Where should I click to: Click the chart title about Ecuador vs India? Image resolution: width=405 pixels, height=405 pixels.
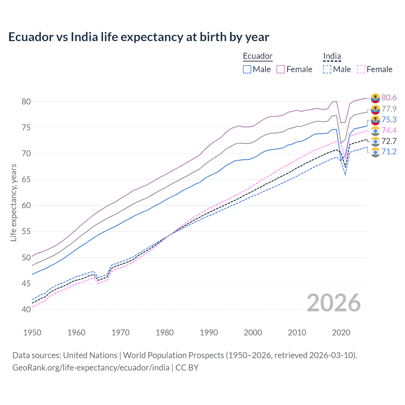coord(139,37)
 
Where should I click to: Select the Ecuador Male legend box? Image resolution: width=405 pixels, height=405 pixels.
coord(247,69)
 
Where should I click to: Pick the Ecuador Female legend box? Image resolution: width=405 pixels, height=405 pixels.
coord(281,69)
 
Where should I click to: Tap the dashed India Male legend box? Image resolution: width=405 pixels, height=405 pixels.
coord(327,69)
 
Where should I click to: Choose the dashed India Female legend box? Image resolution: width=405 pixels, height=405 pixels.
coord(361,69)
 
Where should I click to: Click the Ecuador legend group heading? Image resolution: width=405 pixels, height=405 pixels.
coord(258,56)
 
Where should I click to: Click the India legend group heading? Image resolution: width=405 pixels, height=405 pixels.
coord(332,56)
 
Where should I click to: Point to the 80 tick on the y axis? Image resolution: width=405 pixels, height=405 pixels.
coord(26,102)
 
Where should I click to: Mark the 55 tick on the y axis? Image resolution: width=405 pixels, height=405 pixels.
coord(26,232)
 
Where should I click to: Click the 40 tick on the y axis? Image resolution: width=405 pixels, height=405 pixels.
coord(26,309)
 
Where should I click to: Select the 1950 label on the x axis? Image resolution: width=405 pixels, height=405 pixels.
coord(32,333)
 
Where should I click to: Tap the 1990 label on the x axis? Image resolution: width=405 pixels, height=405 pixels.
coord(209,333)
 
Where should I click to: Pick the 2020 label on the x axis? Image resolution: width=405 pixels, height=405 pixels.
coord(341,333)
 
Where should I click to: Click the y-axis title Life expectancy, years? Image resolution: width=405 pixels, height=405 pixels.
coord(13,202)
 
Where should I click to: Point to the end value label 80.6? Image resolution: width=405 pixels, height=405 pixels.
coord(389,97)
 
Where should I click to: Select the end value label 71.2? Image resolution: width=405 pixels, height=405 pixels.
coord(389,152)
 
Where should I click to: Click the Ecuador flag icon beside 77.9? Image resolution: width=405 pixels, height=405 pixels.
coord(375,109)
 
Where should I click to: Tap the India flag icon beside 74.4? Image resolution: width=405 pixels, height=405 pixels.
coord(375,131)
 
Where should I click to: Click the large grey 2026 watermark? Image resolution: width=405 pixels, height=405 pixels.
coord(334,303)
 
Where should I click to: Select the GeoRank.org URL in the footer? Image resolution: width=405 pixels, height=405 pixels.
coord(91,367)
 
